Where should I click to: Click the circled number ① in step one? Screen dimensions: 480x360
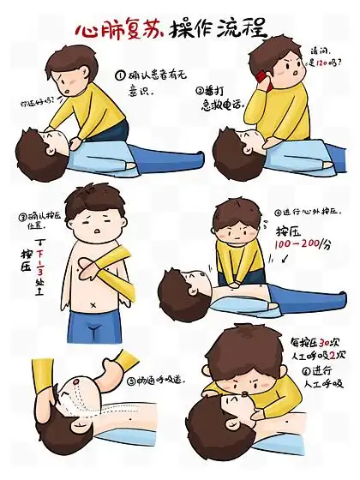click(x=121, y=74)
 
